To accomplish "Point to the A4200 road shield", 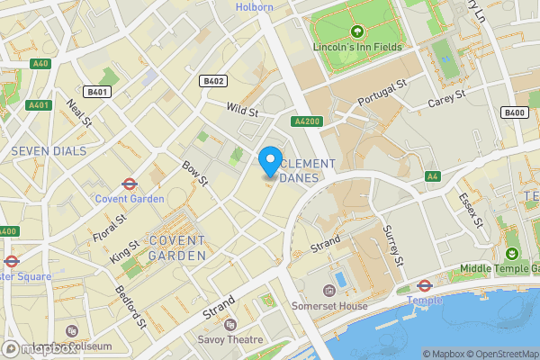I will coord(306,121).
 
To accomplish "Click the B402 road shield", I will coord(213,81).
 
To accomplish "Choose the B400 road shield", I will coord(515,112).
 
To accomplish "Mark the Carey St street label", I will coord(446,95).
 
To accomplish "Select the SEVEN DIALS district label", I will coord(49,150).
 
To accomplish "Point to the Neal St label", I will coord(79,112).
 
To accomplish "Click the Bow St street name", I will coord(195,174).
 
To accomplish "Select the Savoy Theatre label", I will coord(230,339).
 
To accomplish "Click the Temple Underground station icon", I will coord(425,285).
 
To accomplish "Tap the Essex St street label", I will coord(472,210).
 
